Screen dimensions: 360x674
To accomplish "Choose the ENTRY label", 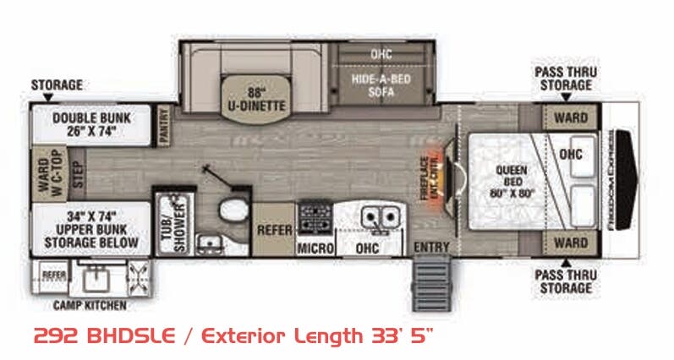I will [432, 247].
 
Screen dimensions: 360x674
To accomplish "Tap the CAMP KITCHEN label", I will [90, 303].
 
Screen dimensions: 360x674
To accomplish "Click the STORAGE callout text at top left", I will [57, 85].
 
